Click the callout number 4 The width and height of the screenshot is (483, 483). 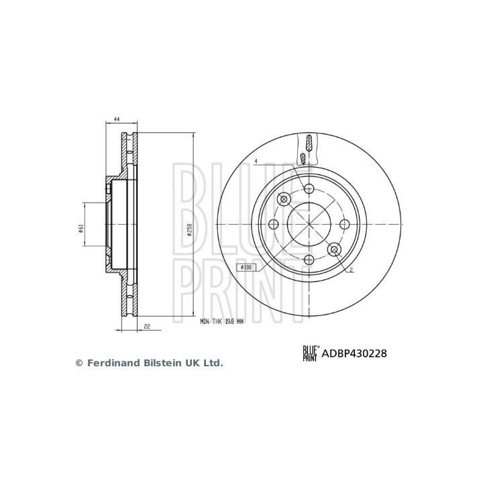click(256, 161)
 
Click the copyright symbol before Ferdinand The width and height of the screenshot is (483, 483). click(78, 363)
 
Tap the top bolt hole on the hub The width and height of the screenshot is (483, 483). click(309, 189)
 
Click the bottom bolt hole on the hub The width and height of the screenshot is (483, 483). click(309, 260)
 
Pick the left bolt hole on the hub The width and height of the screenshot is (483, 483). click(273, 225)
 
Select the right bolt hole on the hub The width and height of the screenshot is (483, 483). click(344, 225)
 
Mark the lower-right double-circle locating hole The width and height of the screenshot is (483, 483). click(333, 250)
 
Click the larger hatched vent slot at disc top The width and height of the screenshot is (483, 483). click(309, 142)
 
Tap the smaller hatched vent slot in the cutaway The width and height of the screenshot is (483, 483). click(303, 158)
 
